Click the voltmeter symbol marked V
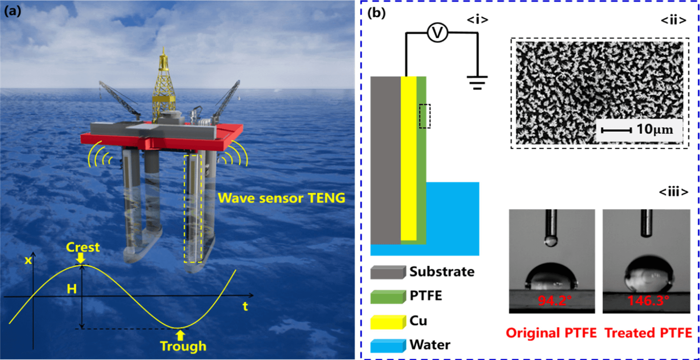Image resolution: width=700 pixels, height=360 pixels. point(437,33)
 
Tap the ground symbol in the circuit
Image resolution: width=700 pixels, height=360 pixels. point(477,82)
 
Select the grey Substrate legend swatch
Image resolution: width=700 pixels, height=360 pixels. point(387,272)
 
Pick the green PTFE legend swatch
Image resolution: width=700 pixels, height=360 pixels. point(387,296)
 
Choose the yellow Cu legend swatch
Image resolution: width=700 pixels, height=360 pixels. point(387,321)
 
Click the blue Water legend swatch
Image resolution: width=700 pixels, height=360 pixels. point(387,345)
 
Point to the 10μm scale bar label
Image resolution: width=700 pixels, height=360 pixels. point(654,129)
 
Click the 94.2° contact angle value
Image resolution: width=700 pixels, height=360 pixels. point(552,300)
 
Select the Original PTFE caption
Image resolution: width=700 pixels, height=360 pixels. point(551,333)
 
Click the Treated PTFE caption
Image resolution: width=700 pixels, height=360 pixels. point(648,333)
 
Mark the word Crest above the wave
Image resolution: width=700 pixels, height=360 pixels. point(83,247)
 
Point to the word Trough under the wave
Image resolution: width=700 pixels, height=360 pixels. point(183,346)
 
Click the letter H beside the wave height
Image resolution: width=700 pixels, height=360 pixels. point(71,289)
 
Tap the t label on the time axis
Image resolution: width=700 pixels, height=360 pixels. point(245,306)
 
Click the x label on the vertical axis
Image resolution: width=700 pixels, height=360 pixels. point(28,260)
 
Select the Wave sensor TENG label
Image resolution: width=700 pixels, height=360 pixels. point(281,198)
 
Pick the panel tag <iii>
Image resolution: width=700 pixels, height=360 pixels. point(673,192)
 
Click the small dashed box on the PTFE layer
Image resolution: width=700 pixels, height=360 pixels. point(424,116)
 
